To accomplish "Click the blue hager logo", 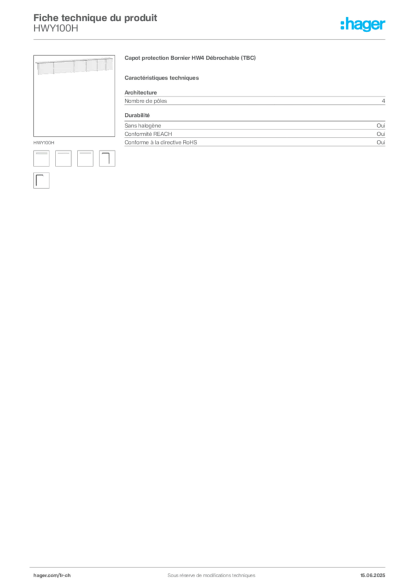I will coord(363,25).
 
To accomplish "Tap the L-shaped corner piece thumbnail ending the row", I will coord(107,159).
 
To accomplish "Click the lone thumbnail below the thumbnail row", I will coord(41,181).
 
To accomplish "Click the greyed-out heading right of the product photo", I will coord(190,58).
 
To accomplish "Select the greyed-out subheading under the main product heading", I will coord(163,78).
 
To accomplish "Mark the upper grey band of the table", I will coord(256,100).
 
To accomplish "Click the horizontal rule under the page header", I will coord(211,39).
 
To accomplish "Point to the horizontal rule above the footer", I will coord(211,566).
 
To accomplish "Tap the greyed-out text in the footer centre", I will coord(206,572).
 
